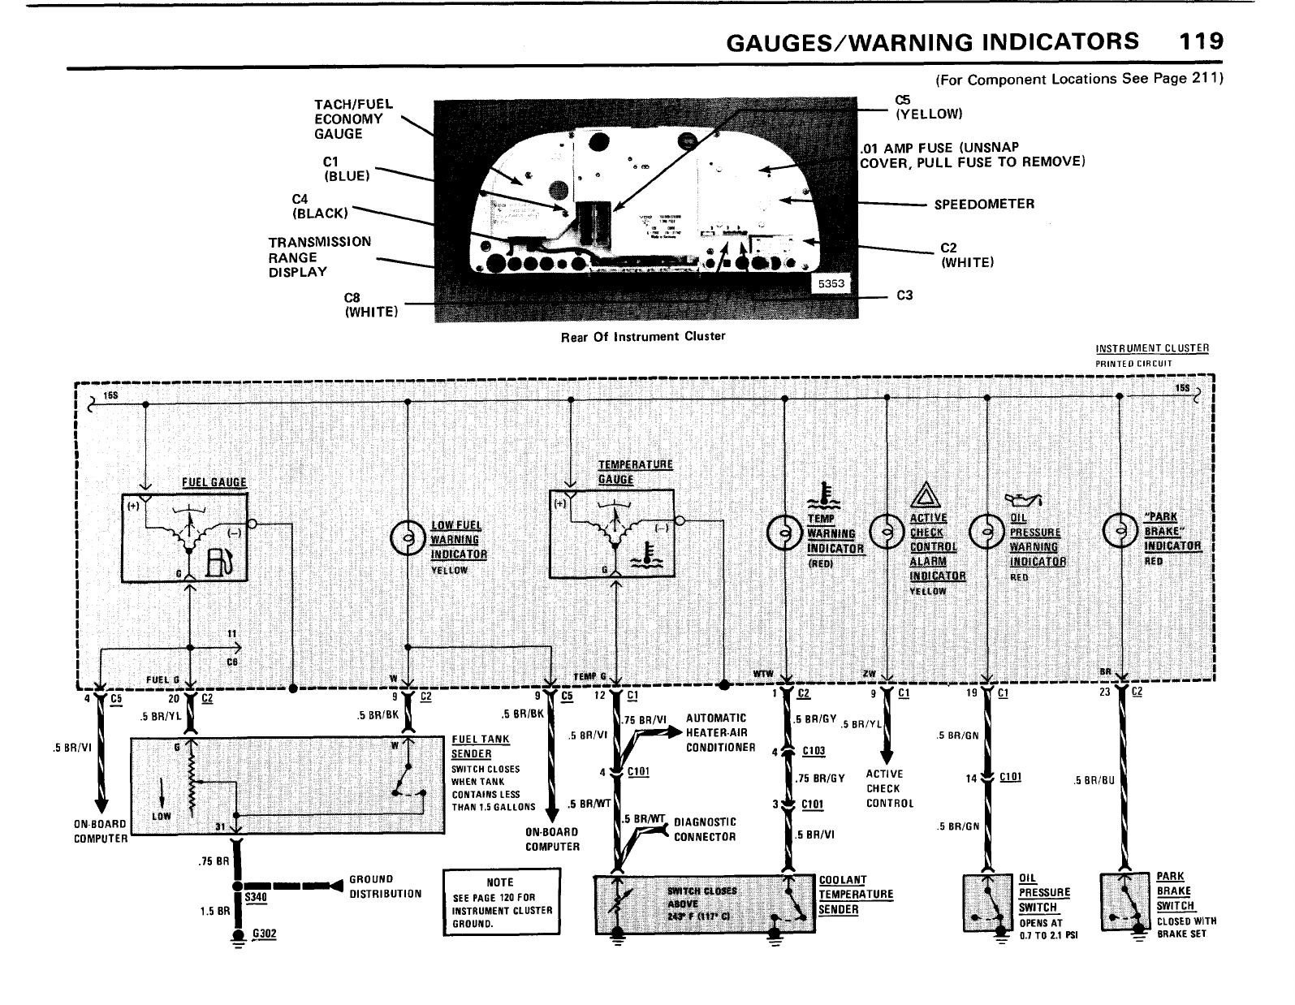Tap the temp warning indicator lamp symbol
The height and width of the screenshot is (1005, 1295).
[783, 533]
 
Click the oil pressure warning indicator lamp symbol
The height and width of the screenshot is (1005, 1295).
[986, 533]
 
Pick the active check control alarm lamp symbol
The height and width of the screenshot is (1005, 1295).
[886, 533]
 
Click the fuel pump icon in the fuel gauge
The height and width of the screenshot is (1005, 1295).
[218, 562]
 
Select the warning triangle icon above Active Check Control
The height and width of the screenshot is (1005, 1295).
[925, 494]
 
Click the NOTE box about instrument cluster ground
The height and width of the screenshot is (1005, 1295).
[501, 902]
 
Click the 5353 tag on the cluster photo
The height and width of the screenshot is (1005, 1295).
[831, 283]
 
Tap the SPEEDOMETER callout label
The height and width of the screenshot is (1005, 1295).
[984, 204]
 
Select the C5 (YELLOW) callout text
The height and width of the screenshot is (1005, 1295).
[928, 106]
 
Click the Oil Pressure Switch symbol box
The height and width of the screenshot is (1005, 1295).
[986, 902]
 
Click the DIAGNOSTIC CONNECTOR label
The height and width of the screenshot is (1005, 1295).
[705, 829]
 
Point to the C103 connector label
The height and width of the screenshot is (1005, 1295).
[813, 751]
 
